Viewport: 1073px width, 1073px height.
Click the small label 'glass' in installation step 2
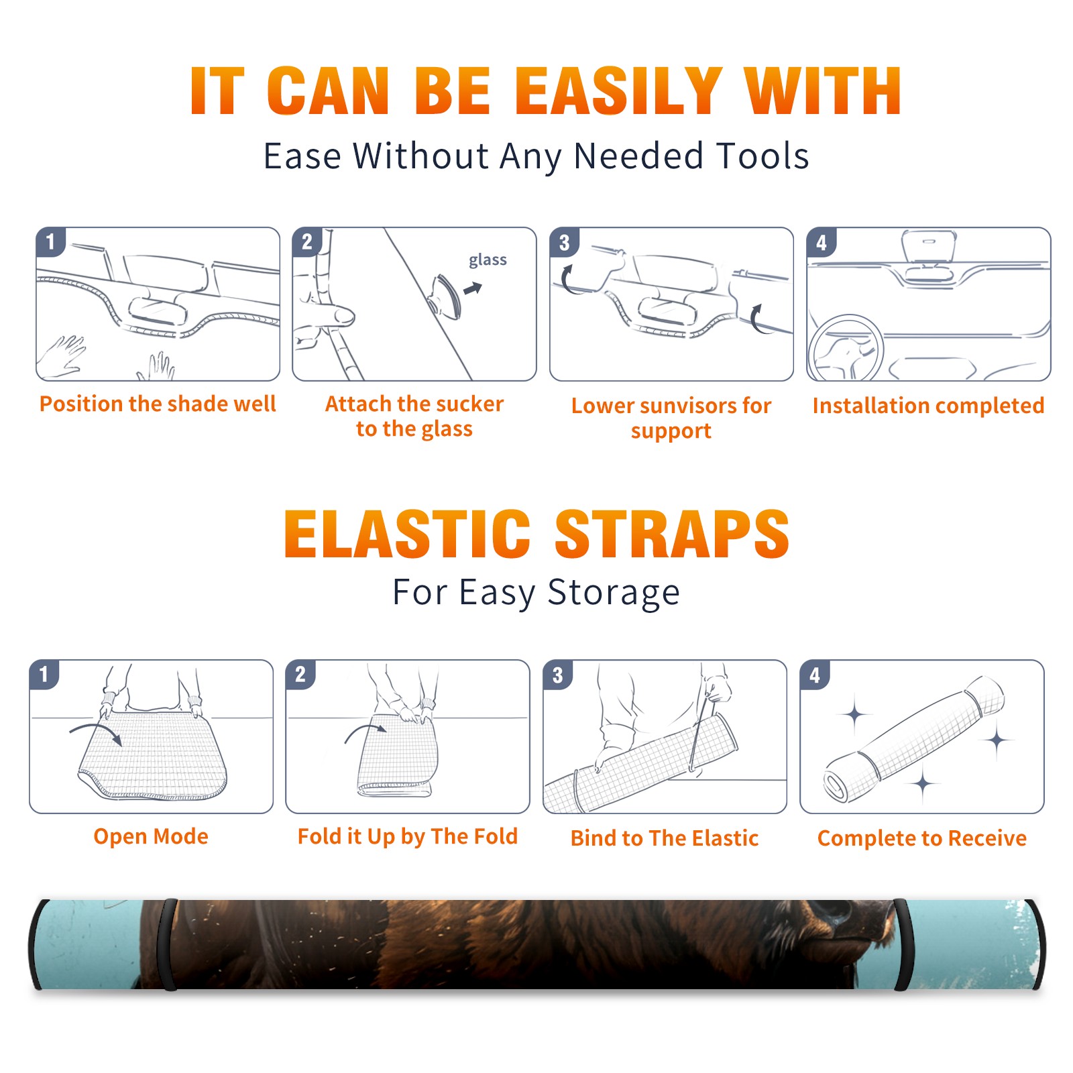pos(488,260)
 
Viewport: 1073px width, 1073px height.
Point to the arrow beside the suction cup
pos(473,288)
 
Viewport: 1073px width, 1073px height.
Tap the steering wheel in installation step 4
pos(846,347)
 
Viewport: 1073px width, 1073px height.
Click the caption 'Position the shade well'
pos(158,404)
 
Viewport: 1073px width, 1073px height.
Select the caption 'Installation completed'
pos(928,406)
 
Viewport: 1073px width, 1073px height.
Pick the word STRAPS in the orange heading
pos(672,534)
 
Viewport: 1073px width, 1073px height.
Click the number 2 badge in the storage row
pos(300,674)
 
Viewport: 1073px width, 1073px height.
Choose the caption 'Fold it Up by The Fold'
pos(408,836)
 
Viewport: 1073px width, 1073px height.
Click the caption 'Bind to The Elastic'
pos(665,838)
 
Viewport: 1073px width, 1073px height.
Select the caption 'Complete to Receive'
pos(922,838)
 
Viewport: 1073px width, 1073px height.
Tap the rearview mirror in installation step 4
pos(929,246)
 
